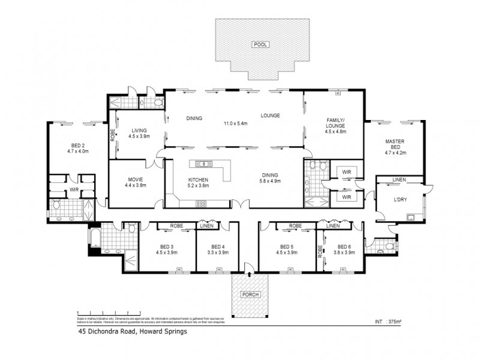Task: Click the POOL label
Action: pyautogui.click(x=260, y=44)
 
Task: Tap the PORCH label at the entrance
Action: pyautogui.click(x=249, y=295)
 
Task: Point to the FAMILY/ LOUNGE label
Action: pyautogui.click(x=335, y=124)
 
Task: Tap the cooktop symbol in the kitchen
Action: pyautogui.click(x=202, y=203)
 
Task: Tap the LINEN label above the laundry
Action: pyautogui.click(x=399, y=180)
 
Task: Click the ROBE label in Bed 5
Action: pyautogui.click(x=295, y=226)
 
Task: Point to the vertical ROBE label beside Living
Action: pyautogui.click(x=112, y=135)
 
